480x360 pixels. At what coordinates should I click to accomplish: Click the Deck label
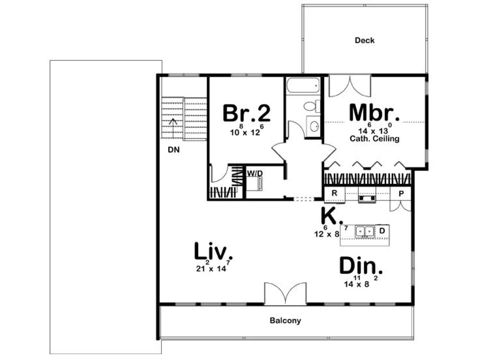pos(364,40)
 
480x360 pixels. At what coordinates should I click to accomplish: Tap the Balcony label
pos(285,320)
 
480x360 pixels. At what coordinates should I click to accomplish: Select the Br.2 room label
pos(247,113)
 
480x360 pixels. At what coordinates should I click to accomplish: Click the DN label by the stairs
pos(174,150)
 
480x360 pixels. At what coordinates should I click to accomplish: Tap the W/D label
pos(255,173)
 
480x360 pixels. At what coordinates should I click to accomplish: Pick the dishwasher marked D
pos(382,231)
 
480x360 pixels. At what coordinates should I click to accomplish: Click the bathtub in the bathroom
pos(303,85)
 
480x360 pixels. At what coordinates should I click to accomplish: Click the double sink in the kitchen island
pos(365,231)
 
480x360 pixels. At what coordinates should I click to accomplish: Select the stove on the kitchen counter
pos(367,199)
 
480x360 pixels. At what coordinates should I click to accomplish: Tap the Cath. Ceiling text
pos(374,139)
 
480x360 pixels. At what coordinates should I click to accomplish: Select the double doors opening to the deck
pos(350,86)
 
